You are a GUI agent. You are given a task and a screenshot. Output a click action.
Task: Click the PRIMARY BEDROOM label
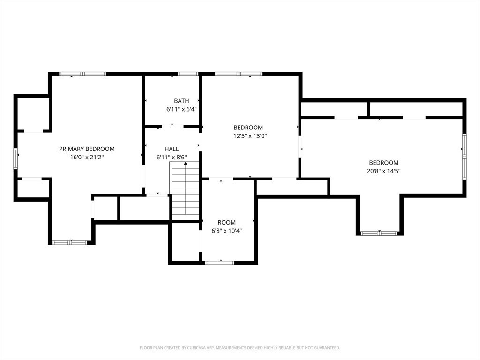tap(87, 149)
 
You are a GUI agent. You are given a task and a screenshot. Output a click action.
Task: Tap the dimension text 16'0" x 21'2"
tap(87, 157)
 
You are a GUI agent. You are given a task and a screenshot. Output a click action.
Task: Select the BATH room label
tap(181, 101)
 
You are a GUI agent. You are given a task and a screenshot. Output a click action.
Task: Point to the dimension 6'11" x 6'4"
tap(181, 109)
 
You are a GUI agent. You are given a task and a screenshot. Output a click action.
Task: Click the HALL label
tap(172, 149)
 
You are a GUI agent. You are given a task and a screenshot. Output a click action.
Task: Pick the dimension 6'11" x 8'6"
tap(172, 157)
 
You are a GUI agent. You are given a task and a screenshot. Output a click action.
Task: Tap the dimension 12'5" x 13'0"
tap(250, 136)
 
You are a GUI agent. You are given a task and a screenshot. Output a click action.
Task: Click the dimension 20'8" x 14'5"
tap(384, 171)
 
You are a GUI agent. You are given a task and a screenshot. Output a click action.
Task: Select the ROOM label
tap(227, 223)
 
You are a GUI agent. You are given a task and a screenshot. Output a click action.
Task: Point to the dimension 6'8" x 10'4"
tap(227, 231)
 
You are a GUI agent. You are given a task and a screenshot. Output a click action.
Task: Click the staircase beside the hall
tap(185, 191)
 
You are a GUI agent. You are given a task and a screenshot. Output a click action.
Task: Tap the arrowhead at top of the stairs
tap(186, 164)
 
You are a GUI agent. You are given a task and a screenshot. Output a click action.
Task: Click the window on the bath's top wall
tap(188, 74)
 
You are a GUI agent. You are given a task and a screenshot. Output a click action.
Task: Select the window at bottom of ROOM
tap(219, 262)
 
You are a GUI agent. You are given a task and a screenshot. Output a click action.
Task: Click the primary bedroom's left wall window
tap(15, 158)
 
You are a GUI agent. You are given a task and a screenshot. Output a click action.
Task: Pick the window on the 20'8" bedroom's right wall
tap(465, 157)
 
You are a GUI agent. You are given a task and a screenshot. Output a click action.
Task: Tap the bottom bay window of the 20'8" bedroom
tap(379, 233)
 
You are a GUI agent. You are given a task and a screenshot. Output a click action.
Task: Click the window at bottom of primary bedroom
tap(70, 243)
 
